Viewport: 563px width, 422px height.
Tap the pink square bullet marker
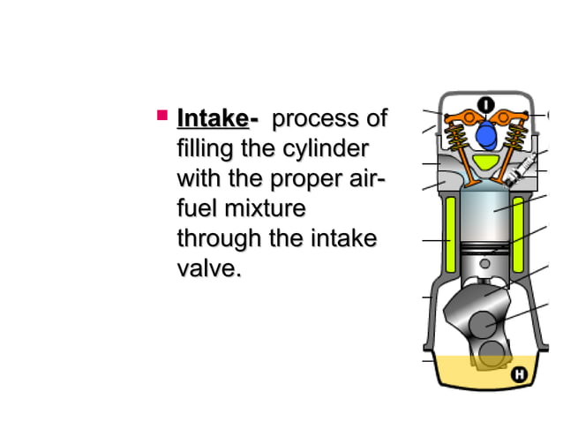161,115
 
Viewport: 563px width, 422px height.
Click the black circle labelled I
484,105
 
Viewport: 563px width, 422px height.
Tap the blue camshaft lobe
484,135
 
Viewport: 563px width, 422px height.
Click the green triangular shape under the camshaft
484,162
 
